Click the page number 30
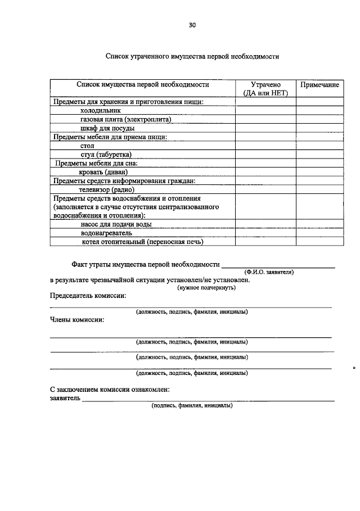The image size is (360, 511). tap(192, 25)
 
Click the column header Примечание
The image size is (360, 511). tap(319, 85)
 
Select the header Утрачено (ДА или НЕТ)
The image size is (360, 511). tap(265, 89)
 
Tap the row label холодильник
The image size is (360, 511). tap(101, 111)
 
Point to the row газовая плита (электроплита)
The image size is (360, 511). tap(125, 119)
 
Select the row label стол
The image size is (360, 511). tap(87, 146)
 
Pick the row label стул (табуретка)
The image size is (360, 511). tap(106, 155)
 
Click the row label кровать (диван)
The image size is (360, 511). tap(104, 172)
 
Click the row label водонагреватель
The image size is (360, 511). tap(106, 233)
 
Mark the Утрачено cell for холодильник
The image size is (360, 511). tap(265, 111)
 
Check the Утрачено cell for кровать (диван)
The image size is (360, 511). tap(265, 172)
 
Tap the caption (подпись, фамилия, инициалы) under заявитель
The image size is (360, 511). tap(192, 405)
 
